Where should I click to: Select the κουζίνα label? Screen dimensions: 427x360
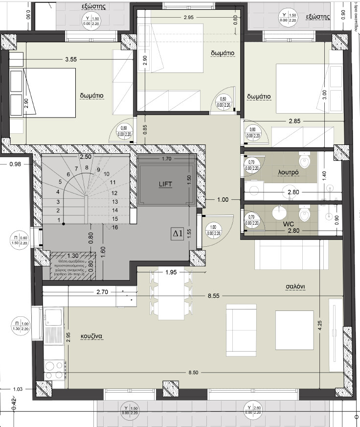click(x=91, y=336)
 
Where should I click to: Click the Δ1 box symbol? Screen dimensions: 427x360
click(x=177, y=234)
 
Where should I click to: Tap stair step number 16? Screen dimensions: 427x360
click(x=115, y=227)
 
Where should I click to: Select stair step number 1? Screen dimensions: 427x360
click(x=59, y=220)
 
